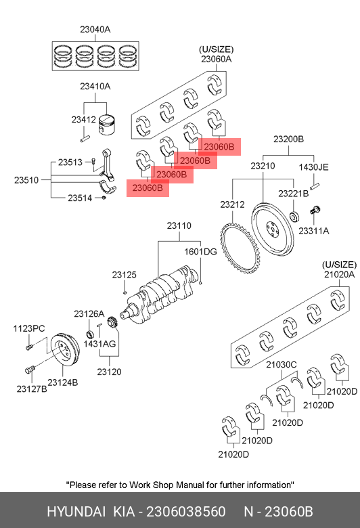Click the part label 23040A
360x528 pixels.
95,29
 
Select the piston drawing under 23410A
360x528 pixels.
106,125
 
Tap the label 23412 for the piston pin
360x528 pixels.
83,120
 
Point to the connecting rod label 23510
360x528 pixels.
26,180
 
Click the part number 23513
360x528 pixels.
70,162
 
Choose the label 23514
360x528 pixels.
80,198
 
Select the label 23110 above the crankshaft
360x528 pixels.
179,225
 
